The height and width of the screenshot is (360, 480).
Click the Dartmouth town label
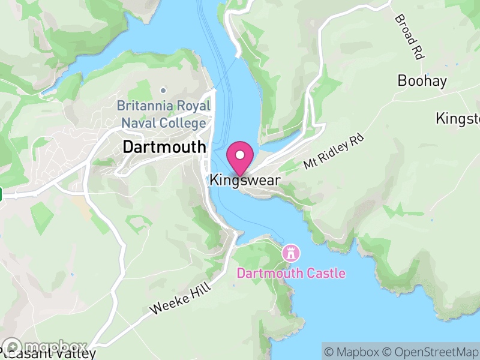point(164,146)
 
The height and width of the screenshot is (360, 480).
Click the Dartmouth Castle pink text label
point(291,274)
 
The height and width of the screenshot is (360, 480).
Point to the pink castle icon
point(291,253)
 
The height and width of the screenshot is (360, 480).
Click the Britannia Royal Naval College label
point(164,115)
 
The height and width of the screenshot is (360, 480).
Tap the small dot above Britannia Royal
point(163,91)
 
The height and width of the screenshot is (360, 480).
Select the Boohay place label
point(422,81)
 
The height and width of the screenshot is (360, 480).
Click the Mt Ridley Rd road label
point(334,151)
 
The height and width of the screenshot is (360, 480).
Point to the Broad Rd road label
point(409,37)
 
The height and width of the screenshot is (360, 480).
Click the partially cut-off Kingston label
point(458,118)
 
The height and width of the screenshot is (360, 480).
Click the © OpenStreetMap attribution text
point(432,352)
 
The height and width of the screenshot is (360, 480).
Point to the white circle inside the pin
point(241,155)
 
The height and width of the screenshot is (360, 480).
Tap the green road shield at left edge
point(1,194)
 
